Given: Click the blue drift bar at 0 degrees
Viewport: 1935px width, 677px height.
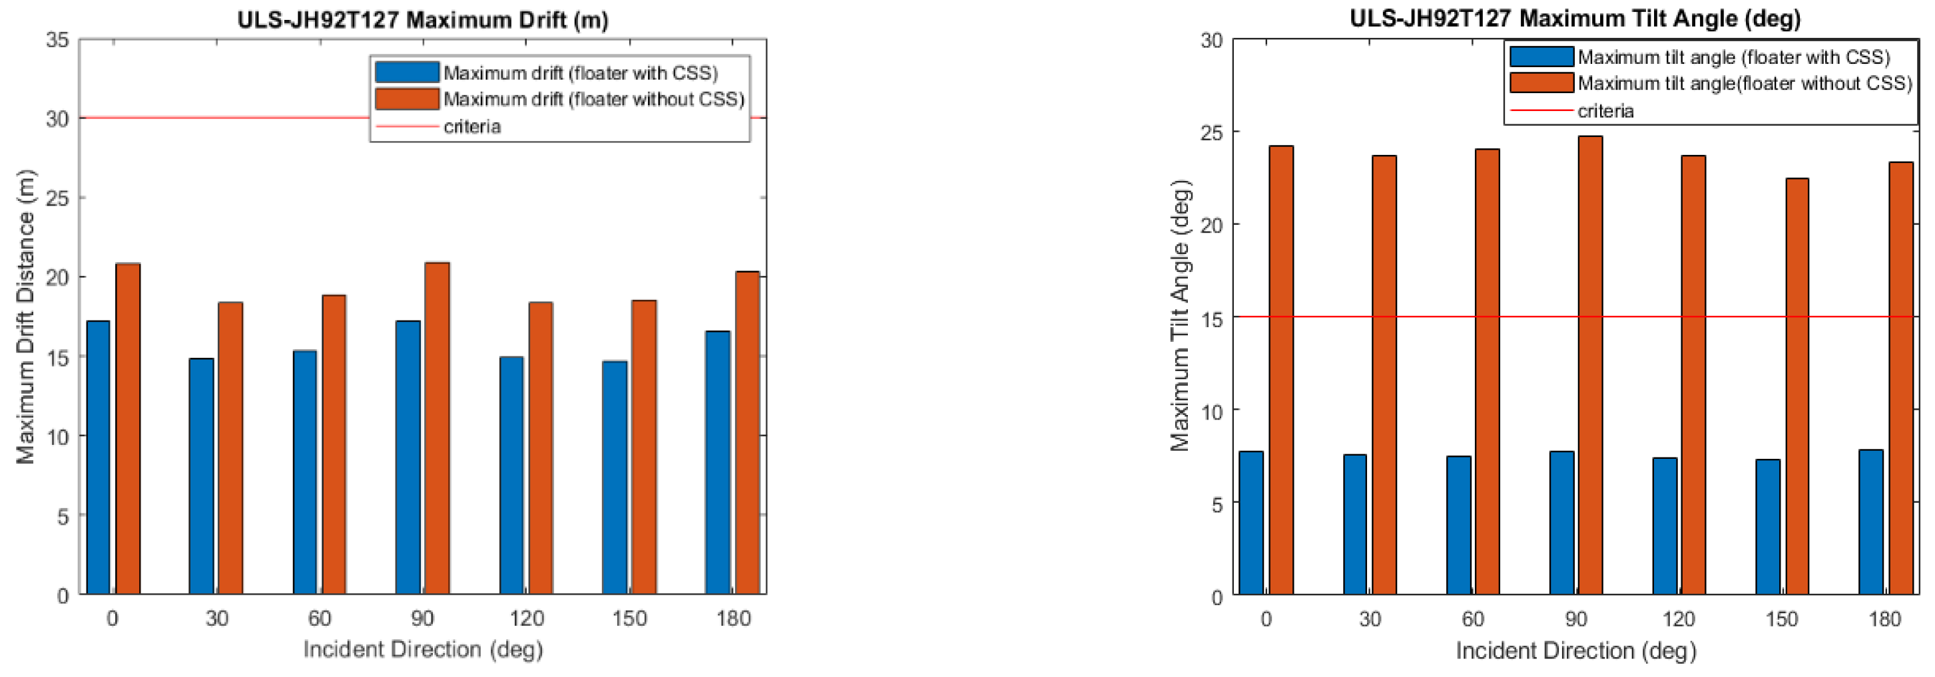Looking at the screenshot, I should [x=98, y=458].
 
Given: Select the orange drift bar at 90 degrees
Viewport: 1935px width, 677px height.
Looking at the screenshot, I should [x=437, y=428].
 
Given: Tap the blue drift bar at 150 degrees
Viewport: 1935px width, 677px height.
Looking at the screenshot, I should [x=615, y=477].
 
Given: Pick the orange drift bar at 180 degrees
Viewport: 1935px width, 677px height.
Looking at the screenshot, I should [x=746, y=432].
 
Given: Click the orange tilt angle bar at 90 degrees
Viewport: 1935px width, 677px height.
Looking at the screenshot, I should [x=1589, y=366].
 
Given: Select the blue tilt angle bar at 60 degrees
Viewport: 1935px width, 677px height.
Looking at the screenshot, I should [x=1458, y=525].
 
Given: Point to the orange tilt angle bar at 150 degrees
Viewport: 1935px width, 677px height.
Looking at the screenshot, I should [x=1796, y=386].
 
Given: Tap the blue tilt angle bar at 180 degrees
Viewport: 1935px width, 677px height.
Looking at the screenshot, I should [x=1870, y=523].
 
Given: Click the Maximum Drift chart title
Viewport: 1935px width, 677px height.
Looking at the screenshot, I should [x=422, y=19].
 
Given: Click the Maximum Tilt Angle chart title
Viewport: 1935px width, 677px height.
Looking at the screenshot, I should [x=1575, y=17].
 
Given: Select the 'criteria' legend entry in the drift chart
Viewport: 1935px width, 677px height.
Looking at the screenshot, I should [x=471, y=126].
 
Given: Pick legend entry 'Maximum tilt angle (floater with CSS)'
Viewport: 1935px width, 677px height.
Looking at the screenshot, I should [x=1734, y=57].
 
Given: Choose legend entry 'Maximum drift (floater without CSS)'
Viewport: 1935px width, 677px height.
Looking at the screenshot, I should [x=593, y=99].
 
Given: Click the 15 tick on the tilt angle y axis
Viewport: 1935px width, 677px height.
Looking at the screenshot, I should [x=1211, y=319].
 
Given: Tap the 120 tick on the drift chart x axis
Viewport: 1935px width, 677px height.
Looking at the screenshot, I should [x=526, y=618].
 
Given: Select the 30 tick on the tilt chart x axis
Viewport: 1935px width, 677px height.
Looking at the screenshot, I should [x=1370, y=619].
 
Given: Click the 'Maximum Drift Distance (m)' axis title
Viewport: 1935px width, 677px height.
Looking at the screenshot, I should [x=25, y=317].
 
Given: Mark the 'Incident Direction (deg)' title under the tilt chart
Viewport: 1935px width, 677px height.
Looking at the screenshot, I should [x=1575, y=650].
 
